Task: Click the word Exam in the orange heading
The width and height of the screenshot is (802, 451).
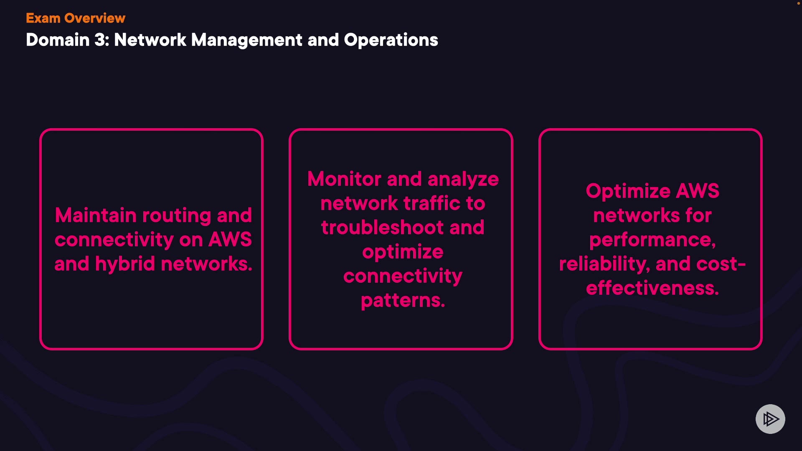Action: click(43, 18)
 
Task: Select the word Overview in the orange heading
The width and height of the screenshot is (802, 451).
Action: click(95, 18)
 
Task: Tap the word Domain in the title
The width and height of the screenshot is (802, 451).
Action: click(58, 40)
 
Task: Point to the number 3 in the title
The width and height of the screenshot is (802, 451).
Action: click(101, 40)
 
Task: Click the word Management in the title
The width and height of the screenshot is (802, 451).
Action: click(246, 40)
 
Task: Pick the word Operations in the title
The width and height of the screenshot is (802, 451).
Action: click(391, 40)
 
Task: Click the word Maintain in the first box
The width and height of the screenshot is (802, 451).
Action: click(96, 215)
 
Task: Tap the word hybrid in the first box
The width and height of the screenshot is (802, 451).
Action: click(125, 264)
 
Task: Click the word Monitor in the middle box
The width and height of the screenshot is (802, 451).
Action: click(344, 179)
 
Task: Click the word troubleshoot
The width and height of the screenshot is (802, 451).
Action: click(382, 228)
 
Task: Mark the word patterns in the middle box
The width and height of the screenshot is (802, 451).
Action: click(403, 301)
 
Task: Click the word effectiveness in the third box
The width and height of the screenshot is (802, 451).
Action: click(652, 288)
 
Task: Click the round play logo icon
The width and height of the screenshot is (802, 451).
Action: click(770, 419)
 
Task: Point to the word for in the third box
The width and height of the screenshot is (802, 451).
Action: click(698, 215)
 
